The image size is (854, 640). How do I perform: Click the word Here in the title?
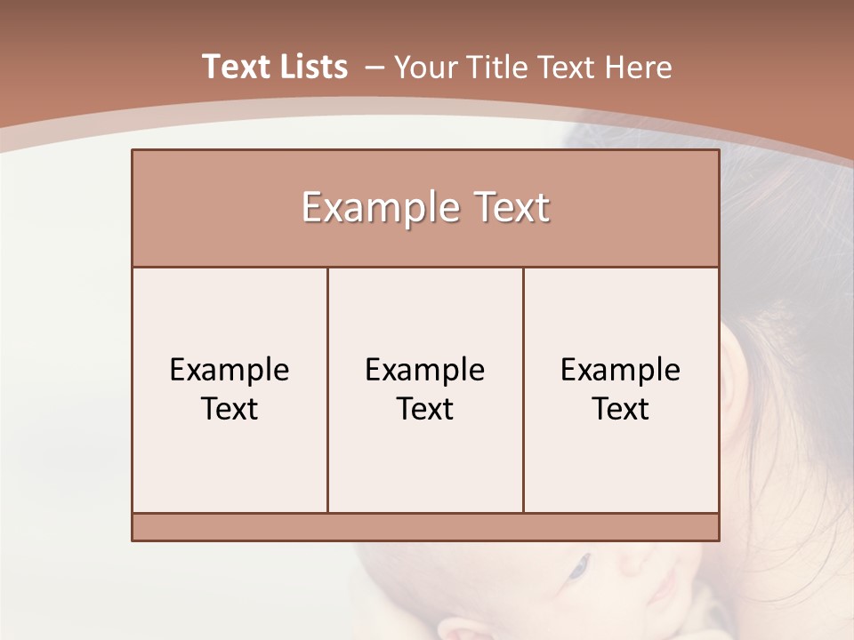click(x=638, y=68)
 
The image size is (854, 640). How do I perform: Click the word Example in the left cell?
click(x=230, y=370)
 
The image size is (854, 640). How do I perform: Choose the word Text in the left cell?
click(x=230, y=409)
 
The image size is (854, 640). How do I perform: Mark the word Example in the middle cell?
click(x=425, y=370)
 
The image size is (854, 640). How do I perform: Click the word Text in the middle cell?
click(x=425, y=409)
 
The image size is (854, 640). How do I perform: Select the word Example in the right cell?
click(x=620, y=370)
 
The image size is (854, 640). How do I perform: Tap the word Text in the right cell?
click(x=620, y=409)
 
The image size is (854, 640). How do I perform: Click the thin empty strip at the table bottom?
click(x=425, y=527)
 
